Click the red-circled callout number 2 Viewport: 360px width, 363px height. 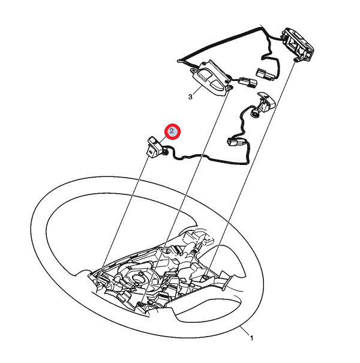(x=172, y=131)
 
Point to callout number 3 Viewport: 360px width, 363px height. (x=190, y=97)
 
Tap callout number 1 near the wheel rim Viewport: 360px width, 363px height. (x=251, y=338)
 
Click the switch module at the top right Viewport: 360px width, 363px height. (x=298, y=44)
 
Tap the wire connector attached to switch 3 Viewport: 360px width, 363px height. (x=248, y=83)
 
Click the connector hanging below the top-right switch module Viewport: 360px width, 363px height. (x=265, y=74)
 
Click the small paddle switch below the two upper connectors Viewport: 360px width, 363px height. (x=266, y=101)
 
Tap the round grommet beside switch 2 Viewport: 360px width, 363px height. (x=165, y=152)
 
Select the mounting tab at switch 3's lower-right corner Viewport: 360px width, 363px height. (x=230, y=88)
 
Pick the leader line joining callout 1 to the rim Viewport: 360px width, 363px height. (x=244, y=331)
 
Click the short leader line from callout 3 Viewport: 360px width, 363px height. (x=197, y=90)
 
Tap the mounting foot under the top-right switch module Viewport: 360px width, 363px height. (x=296, y=60)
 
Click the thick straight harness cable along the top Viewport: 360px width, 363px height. (x=220, y=43)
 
